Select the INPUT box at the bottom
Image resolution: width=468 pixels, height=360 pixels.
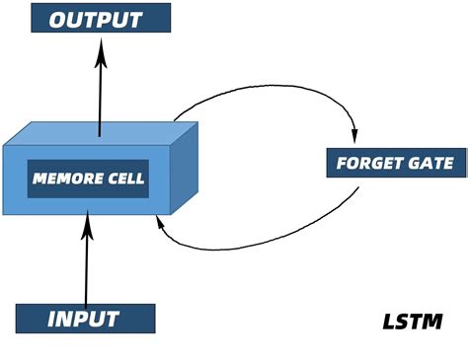85,319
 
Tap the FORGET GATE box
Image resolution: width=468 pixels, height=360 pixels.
392,164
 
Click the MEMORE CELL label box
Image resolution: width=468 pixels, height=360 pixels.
88,179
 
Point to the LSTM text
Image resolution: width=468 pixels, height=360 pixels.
412,322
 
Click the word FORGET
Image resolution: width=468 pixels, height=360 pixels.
364,164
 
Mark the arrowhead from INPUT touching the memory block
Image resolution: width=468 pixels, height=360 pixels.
88,227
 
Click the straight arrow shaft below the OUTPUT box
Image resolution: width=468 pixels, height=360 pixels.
100,94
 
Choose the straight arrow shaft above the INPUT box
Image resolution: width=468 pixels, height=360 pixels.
87,266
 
